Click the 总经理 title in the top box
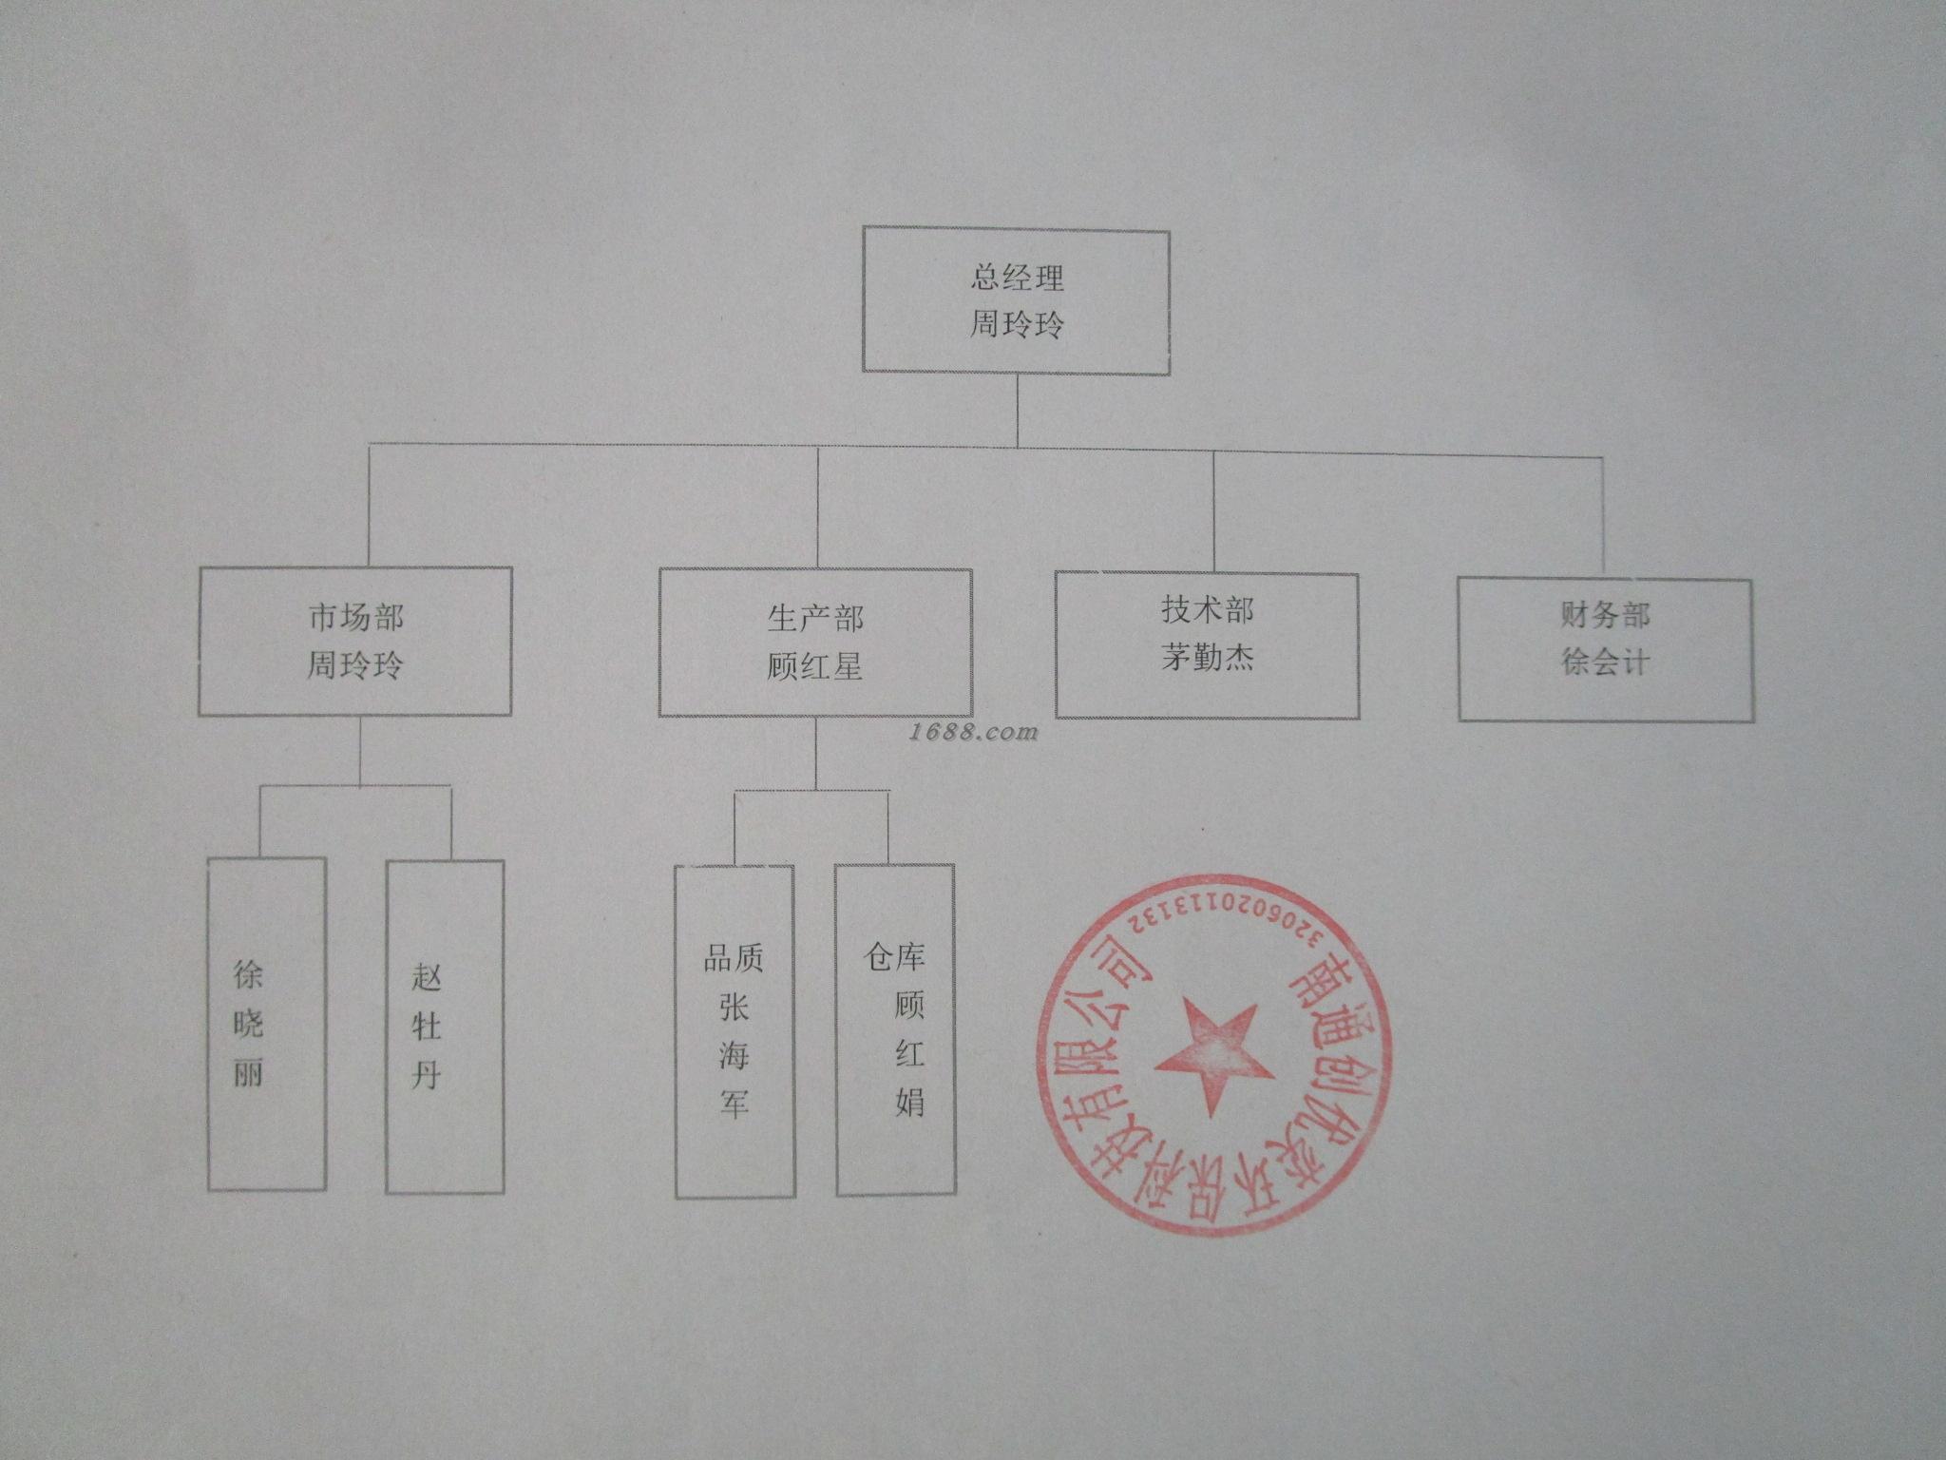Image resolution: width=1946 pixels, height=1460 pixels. [1017, 279]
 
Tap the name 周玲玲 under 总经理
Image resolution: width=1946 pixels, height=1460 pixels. [1017, 325]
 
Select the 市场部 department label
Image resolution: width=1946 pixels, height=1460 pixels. [355, 618]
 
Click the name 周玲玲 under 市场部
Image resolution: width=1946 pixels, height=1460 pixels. [355, 663]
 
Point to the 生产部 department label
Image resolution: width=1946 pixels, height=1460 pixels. [815, 620]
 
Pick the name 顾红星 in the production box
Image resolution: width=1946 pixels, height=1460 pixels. [815, 666]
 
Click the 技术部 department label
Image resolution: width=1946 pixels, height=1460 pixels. [1207, 610]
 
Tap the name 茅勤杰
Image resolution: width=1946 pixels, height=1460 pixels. [1207, 657]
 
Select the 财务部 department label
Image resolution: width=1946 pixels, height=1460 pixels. [1605, 616]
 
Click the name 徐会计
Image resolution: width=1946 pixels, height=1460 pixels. [1605, 662]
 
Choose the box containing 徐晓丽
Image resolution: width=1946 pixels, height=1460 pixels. [267, 1025]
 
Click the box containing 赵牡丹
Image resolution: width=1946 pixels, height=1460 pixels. [445, 1027]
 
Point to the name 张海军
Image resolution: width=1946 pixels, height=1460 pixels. [734, 1055]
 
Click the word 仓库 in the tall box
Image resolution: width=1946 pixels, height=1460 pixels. [895, 957]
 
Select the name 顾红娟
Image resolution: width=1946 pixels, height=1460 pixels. [909, 1055]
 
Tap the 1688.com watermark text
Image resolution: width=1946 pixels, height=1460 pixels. [960, 732]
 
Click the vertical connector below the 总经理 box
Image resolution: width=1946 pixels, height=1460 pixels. [1018, 409]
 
